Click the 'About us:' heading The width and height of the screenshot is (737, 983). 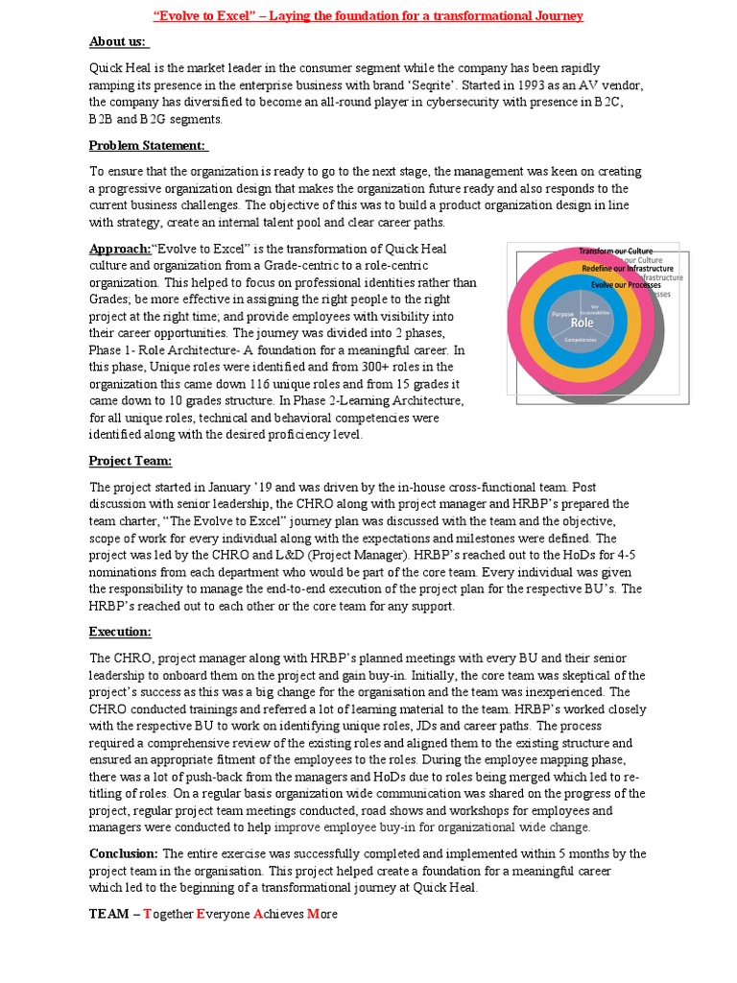118,41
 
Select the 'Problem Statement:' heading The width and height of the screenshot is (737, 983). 149,145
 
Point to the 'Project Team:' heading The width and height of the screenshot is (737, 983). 130,461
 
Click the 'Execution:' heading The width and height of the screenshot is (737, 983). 120,632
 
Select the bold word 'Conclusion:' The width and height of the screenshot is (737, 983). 124,853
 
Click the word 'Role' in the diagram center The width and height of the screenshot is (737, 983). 582,324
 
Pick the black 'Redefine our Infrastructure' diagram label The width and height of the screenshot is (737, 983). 627,269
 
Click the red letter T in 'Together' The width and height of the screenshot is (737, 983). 148,914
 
